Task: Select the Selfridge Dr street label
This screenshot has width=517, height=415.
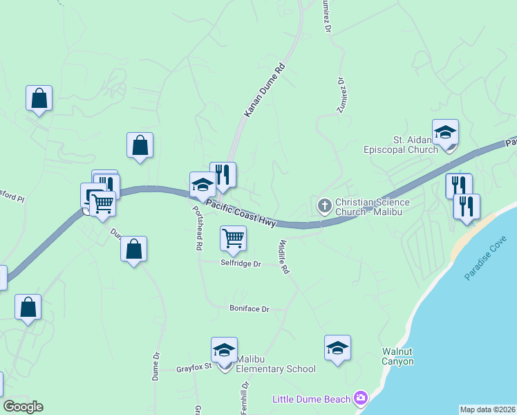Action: (x=241, y=264)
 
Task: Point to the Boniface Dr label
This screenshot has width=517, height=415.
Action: (x=249, y=308)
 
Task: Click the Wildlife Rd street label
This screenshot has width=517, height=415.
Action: (x=282, y=257)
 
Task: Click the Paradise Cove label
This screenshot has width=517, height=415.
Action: (x=486, y=258)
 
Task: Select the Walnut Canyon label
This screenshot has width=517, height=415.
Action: (x=398, y=356)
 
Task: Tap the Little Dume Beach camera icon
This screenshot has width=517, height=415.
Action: (x=360, y=398)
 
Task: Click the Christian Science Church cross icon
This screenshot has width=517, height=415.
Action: (x=324, y=205)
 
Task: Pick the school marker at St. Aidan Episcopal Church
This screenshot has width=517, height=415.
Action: (x=445, y=133)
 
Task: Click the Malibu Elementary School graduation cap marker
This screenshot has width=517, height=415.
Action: (x=224, y=351)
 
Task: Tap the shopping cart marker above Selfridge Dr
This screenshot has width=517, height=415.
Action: (x=234, y=239)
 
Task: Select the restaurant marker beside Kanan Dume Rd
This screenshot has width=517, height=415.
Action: (x=223, y=175)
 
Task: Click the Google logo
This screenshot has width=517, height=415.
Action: (x=23, y=407)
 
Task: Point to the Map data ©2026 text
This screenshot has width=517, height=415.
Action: (x=487, y=409)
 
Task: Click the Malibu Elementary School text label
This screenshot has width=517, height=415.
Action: (x=276, y=369)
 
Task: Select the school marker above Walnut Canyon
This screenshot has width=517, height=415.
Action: (x=337, y=349)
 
